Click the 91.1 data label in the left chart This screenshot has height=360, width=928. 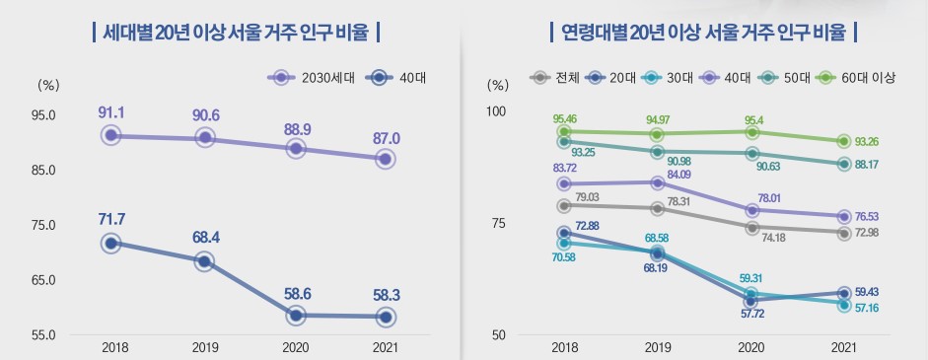[x=111, y=112]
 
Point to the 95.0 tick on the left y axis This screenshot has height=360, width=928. [x=43, y=114]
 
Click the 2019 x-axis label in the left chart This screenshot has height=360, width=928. [x=204, y=347]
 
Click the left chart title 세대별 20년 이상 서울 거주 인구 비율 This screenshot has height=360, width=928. [x=235, y=32]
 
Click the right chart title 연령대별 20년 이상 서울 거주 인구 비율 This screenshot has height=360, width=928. [x=703, y=32]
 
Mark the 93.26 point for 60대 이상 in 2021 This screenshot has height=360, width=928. [x=844, y=142]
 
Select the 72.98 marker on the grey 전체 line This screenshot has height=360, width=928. [x=844, y=233]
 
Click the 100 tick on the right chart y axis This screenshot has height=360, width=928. [x=498, y=110]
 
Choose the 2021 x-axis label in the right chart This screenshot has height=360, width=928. [x=844, y=347]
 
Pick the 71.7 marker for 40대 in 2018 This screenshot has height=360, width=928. [x=111, y=243]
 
